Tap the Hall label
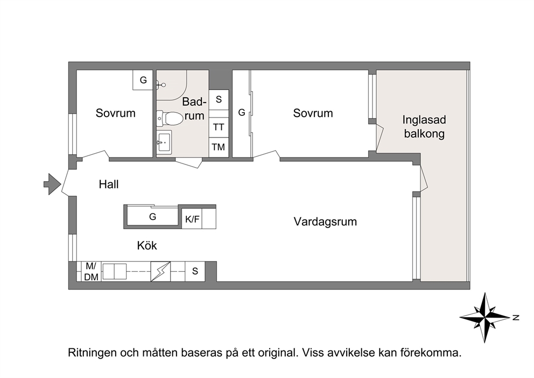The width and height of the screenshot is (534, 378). click(109, 184)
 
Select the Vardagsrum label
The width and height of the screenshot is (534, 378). click(325, 222)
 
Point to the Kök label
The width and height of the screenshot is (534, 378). click(147, 245)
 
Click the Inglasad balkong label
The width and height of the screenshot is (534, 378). click(424, 127)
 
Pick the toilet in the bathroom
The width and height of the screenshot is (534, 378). click(170, 118)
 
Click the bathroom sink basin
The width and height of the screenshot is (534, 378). click(164, 142)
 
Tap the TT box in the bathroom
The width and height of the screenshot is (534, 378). click(219, 127)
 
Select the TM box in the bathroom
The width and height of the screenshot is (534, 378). click(219, 147)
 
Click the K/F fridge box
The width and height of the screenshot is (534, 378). click(192, 219)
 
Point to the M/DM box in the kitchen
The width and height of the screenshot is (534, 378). click(92, 272)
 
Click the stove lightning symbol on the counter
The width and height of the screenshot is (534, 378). click(160, 272)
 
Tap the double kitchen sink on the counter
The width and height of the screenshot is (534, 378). click(115, 272)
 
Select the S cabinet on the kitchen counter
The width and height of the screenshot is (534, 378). click(195, 272)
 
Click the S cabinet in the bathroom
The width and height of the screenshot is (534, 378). click(219, 100)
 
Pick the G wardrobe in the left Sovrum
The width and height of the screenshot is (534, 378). click(143, 80)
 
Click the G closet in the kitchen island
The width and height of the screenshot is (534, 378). click(152, 216)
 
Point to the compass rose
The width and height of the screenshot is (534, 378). click(485, 317)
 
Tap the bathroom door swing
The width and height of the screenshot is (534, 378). click(188, 163)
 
